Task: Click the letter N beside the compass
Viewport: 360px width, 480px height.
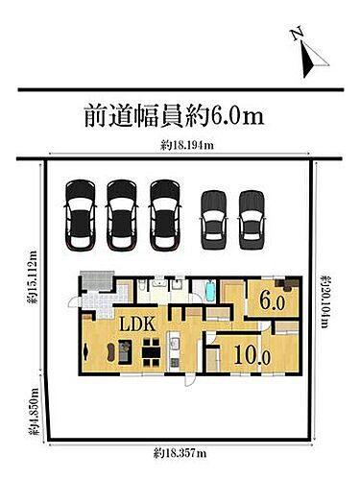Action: coord(298,35)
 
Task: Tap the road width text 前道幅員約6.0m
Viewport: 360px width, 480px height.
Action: coord(174,117)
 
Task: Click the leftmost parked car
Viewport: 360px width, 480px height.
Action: coord(80,213)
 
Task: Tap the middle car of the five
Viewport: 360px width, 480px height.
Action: coord(166,213)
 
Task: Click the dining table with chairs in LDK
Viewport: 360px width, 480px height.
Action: coord(151,353)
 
